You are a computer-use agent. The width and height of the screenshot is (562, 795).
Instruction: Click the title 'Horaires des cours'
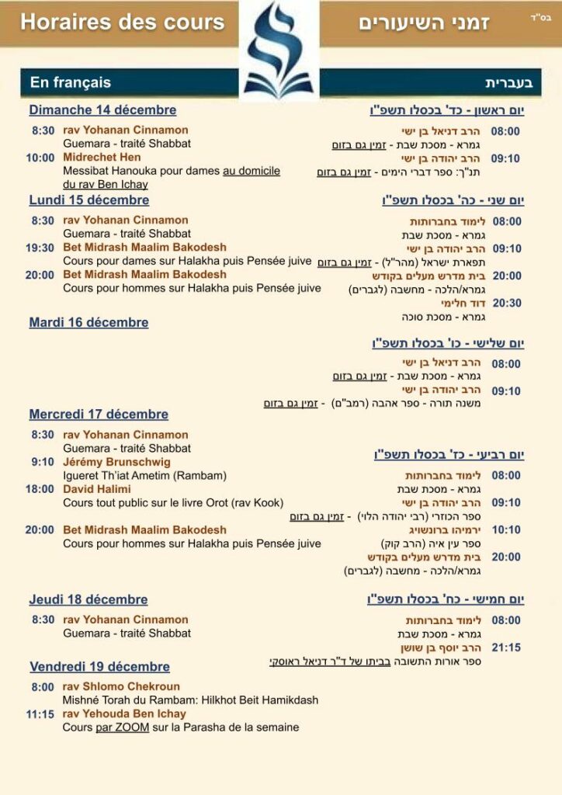(122, 22)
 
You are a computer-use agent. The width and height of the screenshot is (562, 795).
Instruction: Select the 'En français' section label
(71, 82)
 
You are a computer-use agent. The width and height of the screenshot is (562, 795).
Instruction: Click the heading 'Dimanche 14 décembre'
(102, 110)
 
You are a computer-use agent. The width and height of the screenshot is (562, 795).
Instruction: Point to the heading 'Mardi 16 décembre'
(88, 322)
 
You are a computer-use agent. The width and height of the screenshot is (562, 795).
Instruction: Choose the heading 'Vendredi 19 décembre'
(99, 667)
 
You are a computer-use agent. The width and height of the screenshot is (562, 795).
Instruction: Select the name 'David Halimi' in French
(96, 489)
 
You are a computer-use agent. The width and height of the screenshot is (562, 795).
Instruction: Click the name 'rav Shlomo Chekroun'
(121, 686)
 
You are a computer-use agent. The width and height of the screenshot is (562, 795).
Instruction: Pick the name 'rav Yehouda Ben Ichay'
(124, 713)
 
